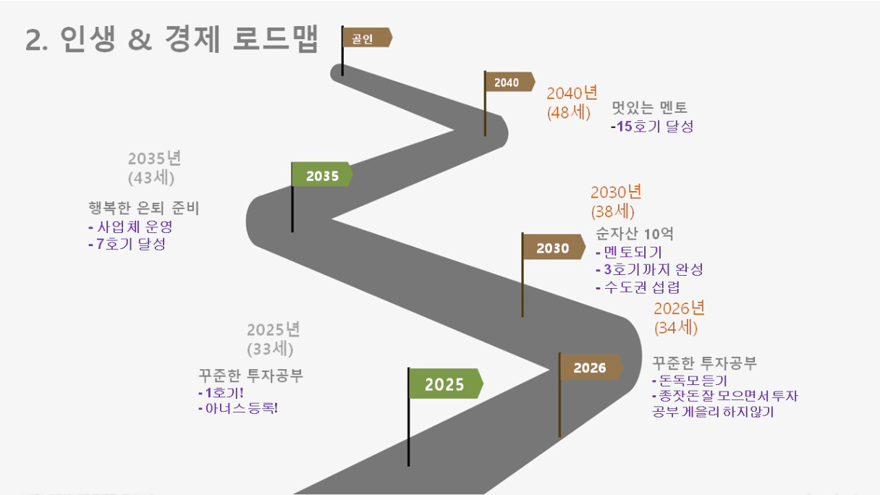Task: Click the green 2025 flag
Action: click(446, 384)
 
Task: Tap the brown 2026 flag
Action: click(591, 368)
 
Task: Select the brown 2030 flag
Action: click(553, 247)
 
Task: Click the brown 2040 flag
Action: click(509, 82)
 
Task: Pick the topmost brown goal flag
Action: click(367, 38)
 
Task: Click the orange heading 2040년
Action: click(572, 93)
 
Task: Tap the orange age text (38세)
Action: click(612, 211)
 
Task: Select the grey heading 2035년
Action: click(154, 158)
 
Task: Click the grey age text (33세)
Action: click(270, 349)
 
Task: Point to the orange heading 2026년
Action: click(680, 308)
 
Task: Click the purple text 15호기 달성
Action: click(654, 126)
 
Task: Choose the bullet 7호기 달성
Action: click(127, 244)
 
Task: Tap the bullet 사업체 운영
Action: click(130, 227)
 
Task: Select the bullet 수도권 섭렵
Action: click(638, 287)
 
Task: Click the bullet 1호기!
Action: click(221, 392)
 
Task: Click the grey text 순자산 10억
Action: click(635, 234)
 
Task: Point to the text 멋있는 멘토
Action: click(650, 107)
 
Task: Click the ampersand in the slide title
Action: click(140, 39)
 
